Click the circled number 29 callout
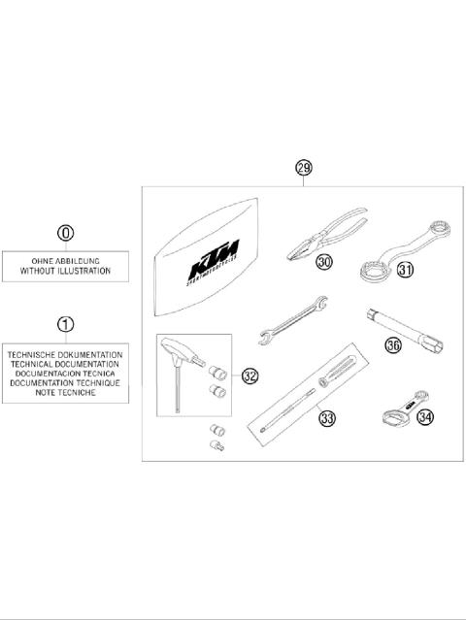[305, 168]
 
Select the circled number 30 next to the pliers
[323, 262]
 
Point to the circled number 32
[250, 375]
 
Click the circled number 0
[65, 233]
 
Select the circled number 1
[65, 323]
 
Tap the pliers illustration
[326, 234]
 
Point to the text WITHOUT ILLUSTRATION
[65, 273]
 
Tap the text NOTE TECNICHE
[65, 393]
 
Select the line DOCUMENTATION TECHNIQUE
[65, 383]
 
